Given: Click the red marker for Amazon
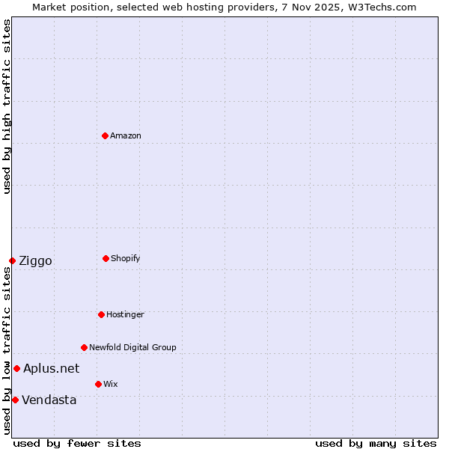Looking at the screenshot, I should (105, 135).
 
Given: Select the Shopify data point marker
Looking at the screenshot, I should (106, 258).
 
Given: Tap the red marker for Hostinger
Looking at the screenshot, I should (101, 314).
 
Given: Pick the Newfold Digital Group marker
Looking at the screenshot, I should (84, 347).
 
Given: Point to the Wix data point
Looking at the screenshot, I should (98, 384).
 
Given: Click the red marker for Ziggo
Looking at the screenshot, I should (12, 260).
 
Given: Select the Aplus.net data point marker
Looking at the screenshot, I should (16, 368).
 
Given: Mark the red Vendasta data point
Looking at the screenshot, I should (15, 400).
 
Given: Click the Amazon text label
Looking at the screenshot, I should (126, 135).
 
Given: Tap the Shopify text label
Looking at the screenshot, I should (125, 258).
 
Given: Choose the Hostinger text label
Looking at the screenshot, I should (125, 314).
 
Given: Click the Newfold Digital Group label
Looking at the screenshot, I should (132, 347).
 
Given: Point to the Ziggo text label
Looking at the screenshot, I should (35, 260).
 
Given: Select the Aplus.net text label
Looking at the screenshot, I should (51, 368).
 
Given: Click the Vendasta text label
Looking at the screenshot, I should (49, 400).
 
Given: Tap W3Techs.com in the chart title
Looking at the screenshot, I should (380, 7).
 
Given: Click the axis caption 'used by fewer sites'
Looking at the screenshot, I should (77, 443).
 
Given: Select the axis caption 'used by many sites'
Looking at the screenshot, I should (376, 443).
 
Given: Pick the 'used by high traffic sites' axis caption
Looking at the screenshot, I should (7, 106).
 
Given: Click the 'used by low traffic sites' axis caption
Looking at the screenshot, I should (7, 350).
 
